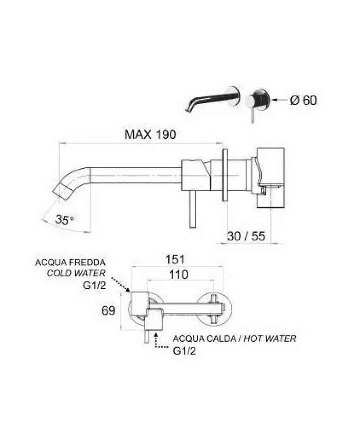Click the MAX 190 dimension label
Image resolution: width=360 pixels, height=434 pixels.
151,135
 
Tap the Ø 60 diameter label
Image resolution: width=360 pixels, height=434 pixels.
303,101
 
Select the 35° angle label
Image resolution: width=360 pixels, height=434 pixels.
64,220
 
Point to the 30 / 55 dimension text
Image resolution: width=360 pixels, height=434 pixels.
246,237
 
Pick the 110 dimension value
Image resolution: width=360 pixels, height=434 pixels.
178,275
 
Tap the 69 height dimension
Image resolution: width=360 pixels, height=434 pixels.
109,311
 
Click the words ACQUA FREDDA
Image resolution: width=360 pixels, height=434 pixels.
70,263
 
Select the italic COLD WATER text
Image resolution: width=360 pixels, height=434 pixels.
76,273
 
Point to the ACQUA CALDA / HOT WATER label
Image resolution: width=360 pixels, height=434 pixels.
234,339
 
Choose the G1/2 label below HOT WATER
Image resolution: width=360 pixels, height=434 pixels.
184,351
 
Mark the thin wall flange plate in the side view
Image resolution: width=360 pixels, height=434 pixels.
225,175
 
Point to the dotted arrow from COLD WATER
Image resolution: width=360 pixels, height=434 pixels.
120,284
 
